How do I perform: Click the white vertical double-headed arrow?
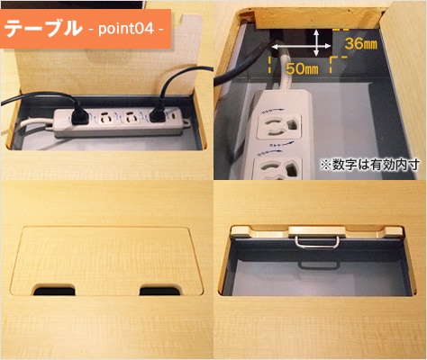316,41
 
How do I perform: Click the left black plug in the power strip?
79,114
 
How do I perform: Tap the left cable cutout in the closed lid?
56,290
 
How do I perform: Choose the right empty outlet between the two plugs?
133,118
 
